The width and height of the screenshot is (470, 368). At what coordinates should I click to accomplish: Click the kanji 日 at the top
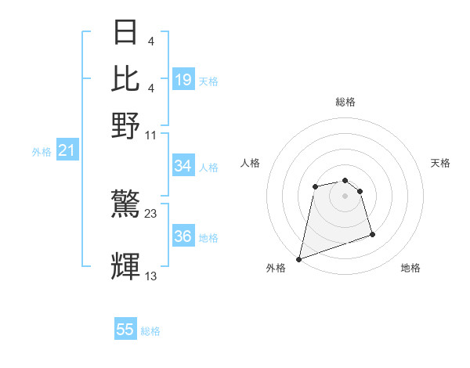(125, 34)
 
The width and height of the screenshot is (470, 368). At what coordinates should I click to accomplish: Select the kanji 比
(125, 78)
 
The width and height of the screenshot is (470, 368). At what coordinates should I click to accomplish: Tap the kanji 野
(125, 124)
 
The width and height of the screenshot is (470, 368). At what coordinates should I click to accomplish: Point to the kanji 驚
(125, 206)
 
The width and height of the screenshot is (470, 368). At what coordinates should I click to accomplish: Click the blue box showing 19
(183, 79)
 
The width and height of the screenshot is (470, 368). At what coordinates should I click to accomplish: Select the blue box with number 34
(183, 165)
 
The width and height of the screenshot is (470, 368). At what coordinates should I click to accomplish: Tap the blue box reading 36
(183, 236)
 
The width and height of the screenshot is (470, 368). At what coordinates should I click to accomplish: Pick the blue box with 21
(66, 150)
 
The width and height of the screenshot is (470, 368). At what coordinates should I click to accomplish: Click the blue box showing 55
(125, 330)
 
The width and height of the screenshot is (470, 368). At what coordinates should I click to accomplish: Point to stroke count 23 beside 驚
(151, 213)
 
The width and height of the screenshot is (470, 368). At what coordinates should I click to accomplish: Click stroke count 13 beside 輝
(151, 276)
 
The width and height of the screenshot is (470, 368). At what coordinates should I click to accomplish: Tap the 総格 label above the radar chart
(345, 102)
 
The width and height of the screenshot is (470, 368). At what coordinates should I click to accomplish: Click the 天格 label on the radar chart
(441, 163)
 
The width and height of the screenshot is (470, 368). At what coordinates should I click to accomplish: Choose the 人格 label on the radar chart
(251, 163)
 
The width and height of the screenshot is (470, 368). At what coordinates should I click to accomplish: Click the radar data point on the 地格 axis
(372, 234)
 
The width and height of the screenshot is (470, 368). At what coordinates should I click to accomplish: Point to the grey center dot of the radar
(345, 196)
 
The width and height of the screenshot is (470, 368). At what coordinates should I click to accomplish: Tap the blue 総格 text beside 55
(150, 331)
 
